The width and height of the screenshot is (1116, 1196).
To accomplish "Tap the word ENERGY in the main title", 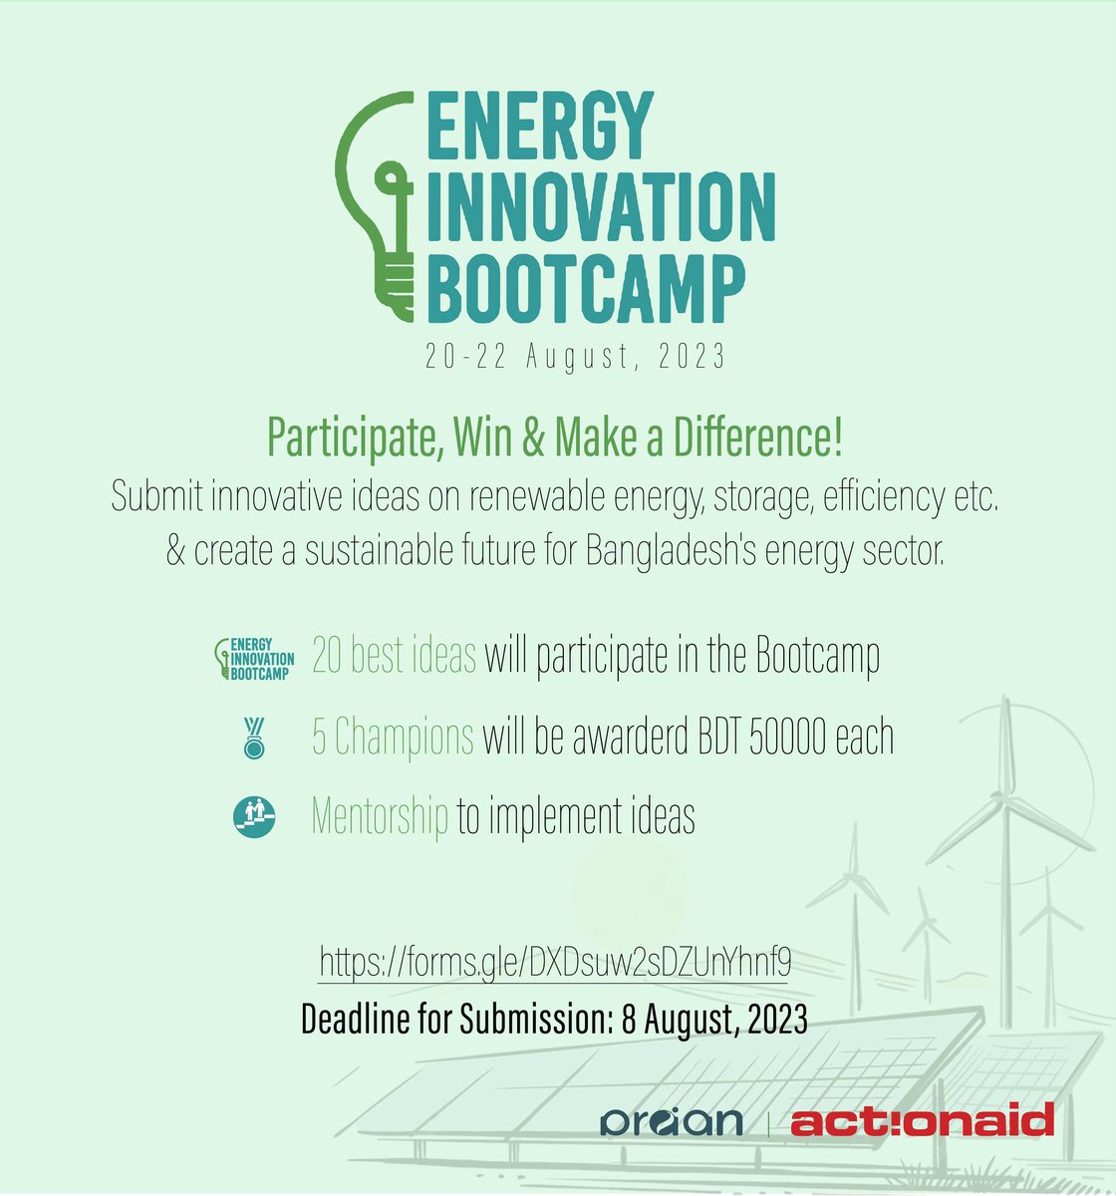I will click(540, 129).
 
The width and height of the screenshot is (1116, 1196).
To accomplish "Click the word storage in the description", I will click(759, 497).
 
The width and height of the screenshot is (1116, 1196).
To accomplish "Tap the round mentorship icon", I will click(254, 816).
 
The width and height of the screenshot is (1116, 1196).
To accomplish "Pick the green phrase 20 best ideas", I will click(394, 657).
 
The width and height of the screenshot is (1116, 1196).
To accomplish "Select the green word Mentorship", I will click(380, 816).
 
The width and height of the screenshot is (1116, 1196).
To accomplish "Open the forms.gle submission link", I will click(555, 963).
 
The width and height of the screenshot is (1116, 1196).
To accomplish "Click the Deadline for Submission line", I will click(554, 1020).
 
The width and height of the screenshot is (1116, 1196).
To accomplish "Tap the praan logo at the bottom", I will click(672, 1120).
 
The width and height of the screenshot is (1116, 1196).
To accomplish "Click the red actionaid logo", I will click(922, 1120).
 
